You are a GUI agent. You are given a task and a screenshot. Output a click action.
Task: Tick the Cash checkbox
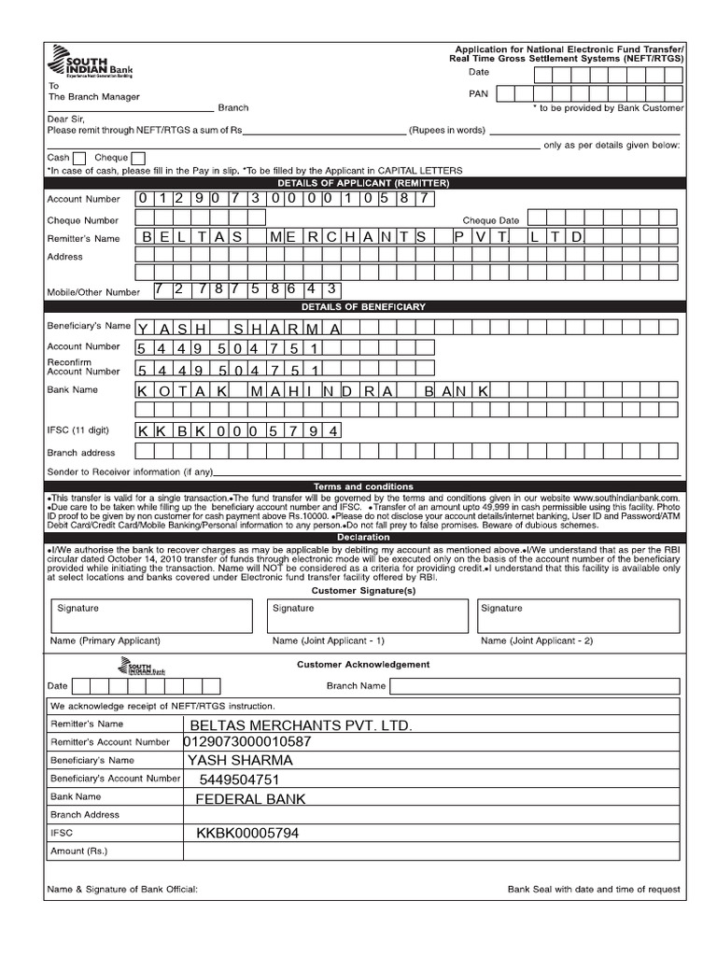79,158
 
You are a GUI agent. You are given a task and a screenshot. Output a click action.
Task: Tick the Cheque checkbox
138,158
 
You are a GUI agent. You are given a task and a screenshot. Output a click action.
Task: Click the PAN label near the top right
478,94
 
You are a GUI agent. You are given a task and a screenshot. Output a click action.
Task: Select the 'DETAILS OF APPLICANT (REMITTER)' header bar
363,183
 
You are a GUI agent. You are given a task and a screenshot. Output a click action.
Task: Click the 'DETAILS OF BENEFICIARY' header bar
363,306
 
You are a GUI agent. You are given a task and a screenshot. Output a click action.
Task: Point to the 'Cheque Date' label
491,220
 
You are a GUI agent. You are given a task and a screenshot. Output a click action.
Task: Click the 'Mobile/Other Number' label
93,292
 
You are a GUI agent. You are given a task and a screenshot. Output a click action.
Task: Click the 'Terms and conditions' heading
363,486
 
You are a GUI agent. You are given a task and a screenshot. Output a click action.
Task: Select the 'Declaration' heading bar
363,538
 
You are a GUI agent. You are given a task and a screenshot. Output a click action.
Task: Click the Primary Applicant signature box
149,616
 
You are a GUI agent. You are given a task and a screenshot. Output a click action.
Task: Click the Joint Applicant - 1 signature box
367,616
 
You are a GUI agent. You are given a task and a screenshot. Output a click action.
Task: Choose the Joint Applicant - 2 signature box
577,616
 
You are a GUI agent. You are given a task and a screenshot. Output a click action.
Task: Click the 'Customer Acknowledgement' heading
363,665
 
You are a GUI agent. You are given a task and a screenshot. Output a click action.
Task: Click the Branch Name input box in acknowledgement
535,686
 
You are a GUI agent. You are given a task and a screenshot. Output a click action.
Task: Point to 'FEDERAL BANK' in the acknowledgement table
250,799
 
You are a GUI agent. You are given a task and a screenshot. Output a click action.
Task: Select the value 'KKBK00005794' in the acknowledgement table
247,833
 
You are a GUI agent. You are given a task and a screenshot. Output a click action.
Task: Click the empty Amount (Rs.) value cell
430,852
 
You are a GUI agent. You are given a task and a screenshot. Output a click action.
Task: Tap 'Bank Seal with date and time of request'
594,890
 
